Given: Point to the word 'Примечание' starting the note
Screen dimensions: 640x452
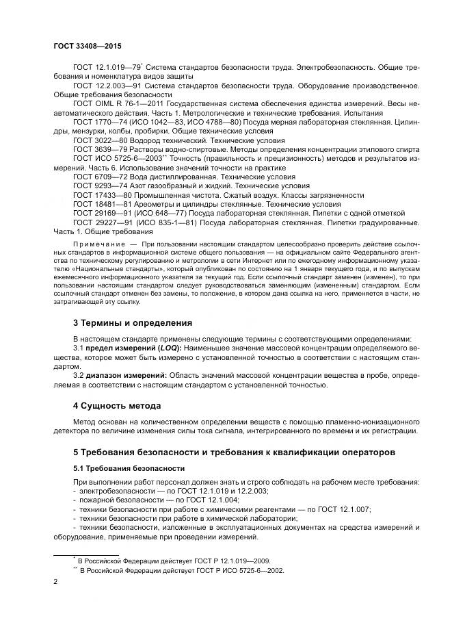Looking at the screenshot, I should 97,244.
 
